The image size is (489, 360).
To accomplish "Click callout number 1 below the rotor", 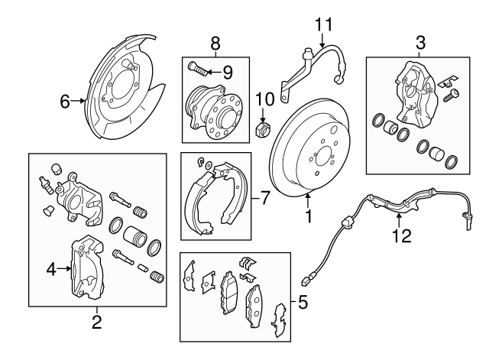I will (309, 216).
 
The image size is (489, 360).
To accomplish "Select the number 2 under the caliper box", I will (96, 323).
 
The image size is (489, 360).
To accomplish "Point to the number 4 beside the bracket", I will (51, 269).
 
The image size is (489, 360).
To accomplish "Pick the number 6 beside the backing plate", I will (65, 99).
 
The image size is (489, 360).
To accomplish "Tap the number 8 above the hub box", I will (215, 43).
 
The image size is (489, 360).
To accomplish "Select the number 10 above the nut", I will (264, 99).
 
